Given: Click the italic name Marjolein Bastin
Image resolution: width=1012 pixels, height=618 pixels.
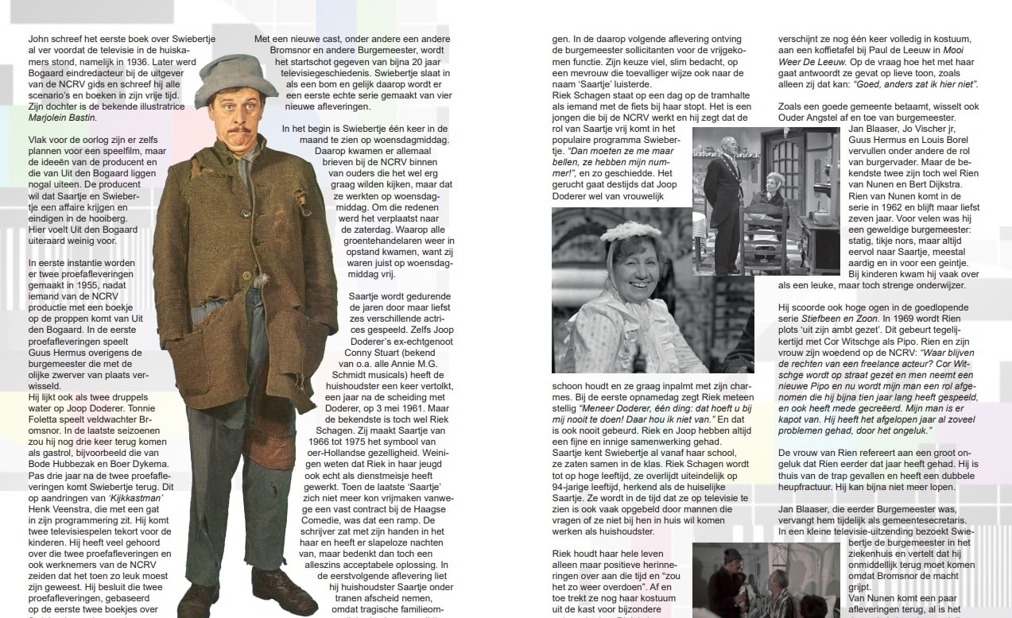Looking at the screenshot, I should pyautogui.click(x=61, y=118).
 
